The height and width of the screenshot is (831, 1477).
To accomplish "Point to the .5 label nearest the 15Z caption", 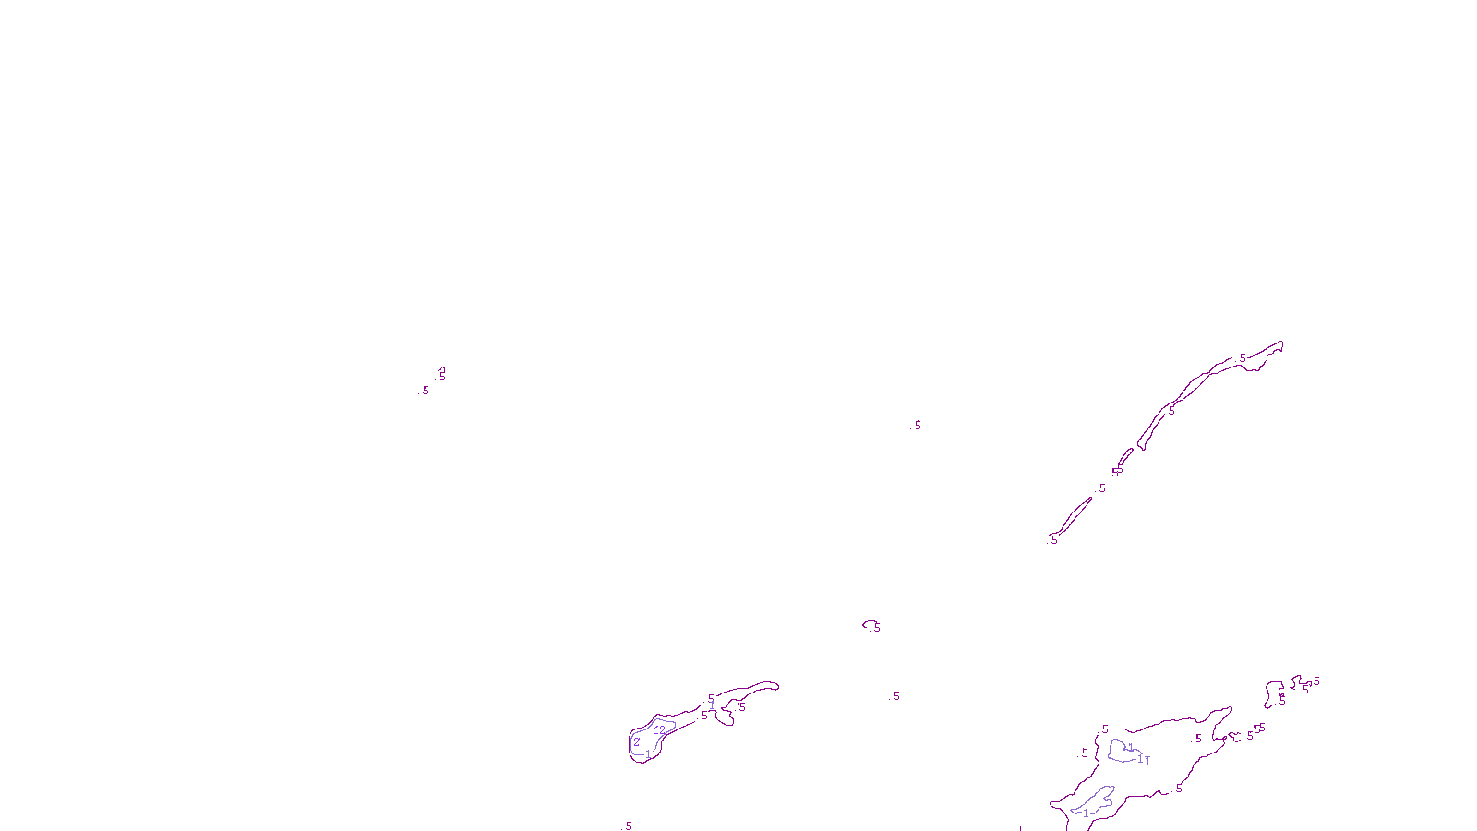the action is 629,826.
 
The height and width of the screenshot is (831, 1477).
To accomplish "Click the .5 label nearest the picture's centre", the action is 917,426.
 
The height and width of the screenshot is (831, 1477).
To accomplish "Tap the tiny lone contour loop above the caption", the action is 869,625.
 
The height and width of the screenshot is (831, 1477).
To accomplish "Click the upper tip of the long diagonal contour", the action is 1279,344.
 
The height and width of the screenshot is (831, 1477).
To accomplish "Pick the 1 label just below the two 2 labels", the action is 648,754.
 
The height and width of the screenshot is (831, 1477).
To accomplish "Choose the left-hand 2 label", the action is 636,741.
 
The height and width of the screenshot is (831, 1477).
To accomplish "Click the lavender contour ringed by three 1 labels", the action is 1123,752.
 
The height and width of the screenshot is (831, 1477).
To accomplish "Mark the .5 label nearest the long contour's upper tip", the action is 1243,357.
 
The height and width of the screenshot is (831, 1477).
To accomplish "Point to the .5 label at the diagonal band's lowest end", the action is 1053,539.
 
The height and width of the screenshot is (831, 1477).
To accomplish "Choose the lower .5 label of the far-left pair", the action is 426,391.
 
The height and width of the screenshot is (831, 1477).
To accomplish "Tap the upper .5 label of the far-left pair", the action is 441,376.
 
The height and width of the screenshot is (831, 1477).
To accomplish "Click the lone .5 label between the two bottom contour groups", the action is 895,696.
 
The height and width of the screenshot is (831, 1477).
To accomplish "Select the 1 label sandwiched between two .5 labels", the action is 712,706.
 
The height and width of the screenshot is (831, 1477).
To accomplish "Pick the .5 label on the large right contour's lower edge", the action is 1178,789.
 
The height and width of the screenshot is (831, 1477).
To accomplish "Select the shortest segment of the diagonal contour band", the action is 1124,457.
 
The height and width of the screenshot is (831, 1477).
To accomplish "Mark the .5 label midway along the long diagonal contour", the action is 1171,411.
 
